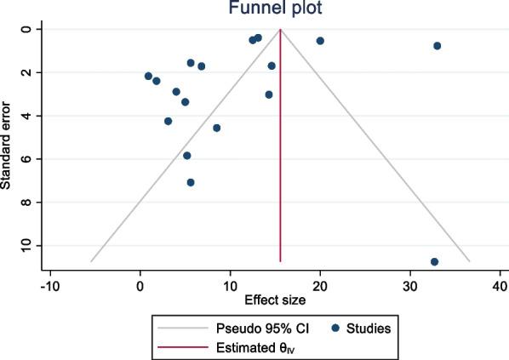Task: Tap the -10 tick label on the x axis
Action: pos(49,284)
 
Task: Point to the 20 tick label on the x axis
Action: pos(320,284)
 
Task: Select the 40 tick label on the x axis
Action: pos(500,284)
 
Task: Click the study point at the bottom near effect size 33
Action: pos(434,261)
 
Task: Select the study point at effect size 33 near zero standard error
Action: pos(437,46)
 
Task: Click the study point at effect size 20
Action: pos(320,41)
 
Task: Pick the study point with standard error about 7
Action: pos(191,182)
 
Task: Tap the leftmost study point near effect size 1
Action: pos(148,77)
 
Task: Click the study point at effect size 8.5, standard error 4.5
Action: pos(216,128)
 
